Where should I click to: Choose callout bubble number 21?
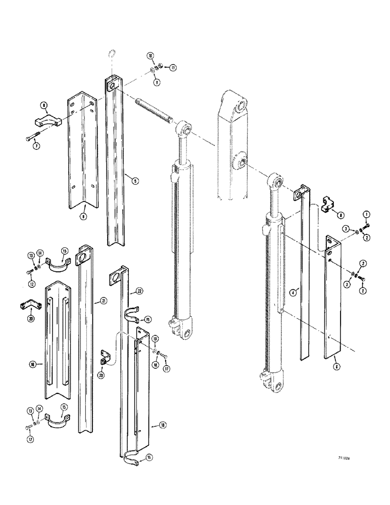point(104,301)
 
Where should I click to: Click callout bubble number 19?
point(156,338)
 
